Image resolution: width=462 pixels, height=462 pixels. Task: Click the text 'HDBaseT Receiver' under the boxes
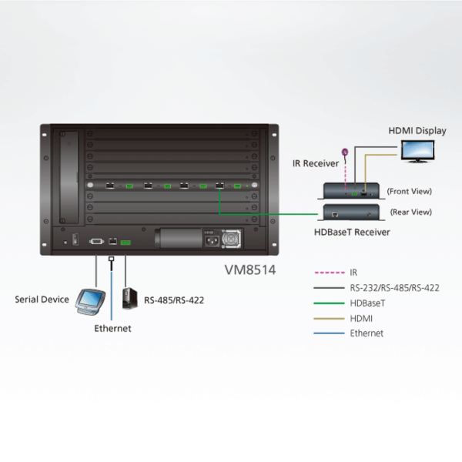pos(353,231)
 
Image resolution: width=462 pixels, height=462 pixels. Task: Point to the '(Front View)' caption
pos(410,191)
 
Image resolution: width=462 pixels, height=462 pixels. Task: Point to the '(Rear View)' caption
pos(410,212)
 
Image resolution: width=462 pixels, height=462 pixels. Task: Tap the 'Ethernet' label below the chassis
pos(112,329)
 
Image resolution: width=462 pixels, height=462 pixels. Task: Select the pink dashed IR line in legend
pos(330,273)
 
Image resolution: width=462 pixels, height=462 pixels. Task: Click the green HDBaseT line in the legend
pos(330,303)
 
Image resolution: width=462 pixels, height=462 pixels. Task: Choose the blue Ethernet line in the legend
pos(330,333)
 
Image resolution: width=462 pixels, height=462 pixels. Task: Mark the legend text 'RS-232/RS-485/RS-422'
pos(394,288)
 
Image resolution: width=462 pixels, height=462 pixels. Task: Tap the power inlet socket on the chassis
pos(208,239)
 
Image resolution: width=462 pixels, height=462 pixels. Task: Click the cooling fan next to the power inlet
pos(230,239)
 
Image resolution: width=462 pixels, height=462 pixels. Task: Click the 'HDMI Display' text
pos(417,131)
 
